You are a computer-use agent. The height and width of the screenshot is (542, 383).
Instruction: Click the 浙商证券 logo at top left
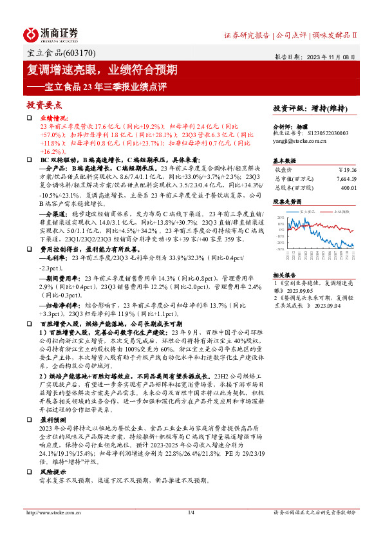51,34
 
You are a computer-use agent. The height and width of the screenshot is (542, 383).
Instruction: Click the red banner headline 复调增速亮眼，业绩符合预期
107,70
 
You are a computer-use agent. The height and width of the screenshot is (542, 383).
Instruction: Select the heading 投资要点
44,104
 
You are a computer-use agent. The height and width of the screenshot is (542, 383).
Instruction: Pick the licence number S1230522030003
324,133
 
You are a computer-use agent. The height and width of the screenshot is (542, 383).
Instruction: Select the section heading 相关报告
285,274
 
